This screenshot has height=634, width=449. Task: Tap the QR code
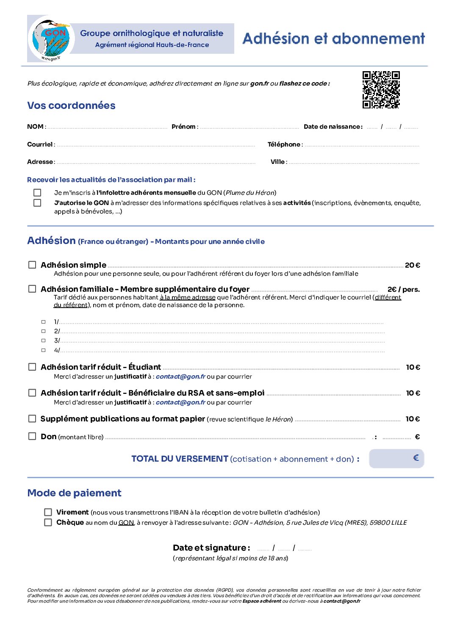tap(381, 90)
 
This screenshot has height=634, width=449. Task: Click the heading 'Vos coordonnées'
tap(71, 105)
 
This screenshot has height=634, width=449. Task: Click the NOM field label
tap(36, 127)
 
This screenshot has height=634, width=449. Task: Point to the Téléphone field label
tap(284, 144)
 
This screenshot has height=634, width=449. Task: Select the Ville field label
tap(278, 162)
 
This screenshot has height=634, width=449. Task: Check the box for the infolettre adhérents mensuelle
tap(38, 193)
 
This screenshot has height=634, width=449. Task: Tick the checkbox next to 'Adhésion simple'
tap(32, 265)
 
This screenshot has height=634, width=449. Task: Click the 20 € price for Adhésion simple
tap(412, 265)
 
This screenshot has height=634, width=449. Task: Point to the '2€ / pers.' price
tap(403, 289)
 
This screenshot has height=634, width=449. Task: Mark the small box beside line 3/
tap(43, 341)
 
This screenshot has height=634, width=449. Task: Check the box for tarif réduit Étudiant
tap(32, 367)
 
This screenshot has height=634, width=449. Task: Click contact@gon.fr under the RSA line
tap(180, 402)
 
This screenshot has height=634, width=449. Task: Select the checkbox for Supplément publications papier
tap(32, 418)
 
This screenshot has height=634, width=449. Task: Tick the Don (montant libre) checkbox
tap(32, 436)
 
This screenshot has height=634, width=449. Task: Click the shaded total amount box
tap(396, 458)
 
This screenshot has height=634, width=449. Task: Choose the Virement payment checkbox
tap(48, 512)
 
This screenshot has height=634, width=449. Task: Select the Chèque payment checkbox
tap(48, 522)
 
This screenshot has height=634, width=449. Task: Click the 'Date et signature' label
tap(211, 548)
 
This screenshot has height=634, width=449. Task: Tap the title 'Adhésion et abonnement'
tap(333, 39)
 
